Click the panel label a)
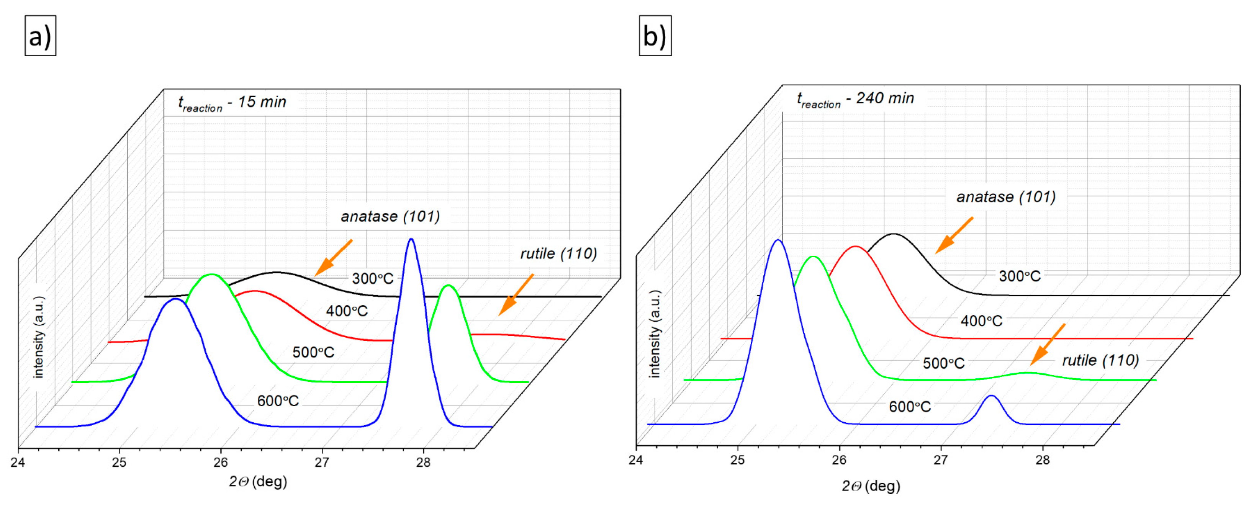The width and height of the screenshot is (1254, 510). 40,36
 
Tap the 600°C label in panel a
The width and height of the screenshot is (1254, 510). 277,401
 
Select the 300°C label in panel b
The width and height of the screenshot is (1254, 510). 1019,276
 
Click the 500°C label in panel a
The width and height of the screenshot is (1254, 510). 313,352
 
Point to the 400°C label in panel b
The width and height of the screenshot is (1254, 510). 981,321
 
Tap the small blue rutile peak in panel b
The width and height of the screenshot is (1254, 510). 991,397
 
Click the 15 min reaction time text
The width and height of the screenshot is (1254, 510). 232,103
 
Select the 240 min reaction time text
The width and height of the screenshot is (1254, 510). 855,99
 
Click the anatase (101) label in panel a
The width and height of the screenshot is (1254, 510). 390,217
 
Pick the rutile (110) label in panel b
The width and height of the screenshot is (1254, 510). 1100,361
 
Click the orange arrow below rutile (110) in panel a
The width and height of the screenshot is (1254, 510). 516,295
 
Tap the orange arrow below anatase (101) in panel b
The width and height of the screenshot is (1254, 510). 954,235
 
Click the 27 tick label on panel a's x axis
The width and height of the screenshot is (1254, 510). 322,462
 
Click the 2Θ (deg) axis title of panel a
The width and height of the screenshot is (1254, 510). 258,482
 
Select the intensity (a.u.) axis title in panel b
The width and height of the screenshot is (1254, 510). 655,334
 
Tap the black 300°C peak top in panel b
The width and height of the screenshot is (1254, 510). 894,235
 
